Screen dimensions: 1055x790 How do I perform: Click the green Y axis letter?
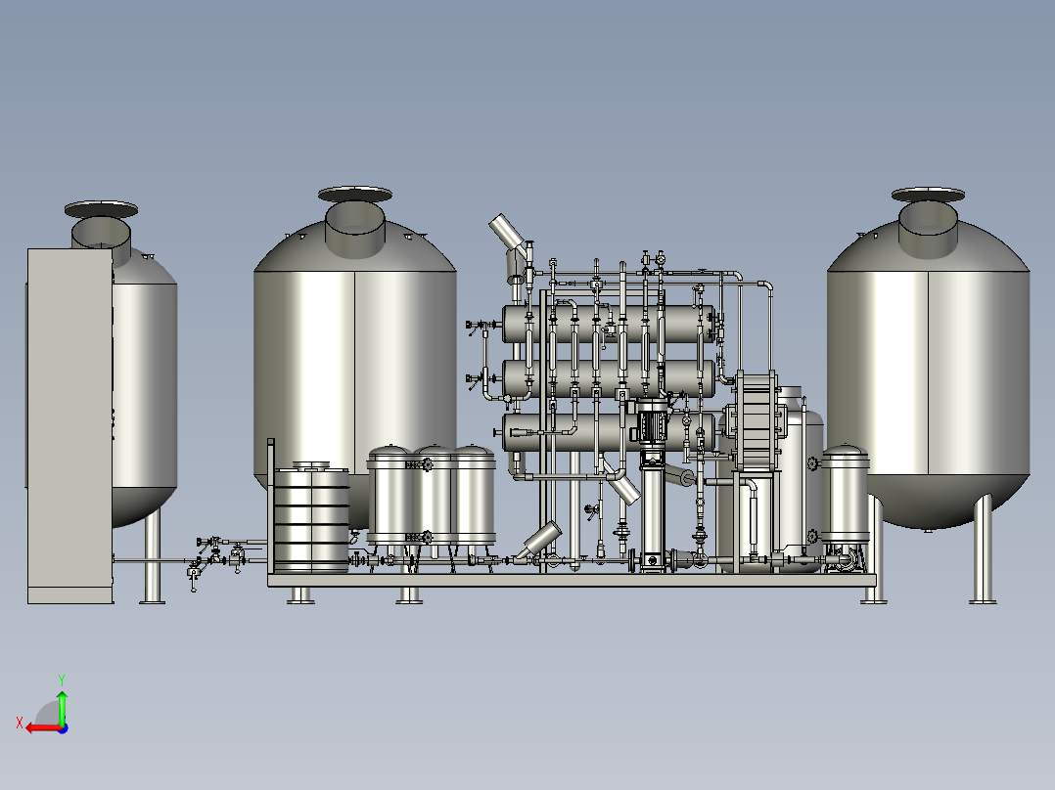click(x=62, y=680)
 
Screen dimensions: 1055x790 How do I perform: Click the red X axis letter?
click(x=20, y=724)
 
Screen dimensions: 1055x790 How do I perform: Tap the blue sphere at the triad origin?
click(x=63, y=728)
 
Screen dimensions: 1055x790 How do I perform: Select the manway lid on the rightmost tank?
click(x=928, y=195)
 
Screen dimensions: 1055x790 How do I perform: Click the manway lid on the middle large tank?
click(x=354, y=194)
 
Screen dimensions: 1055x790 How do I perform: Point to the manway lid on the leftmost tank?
click(x=101, y=209)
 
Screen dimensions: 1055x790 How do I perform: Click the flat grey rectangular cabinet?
click(x=69, y=425)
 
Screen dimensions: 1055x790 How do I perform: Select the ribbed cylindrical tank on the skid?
click(x=311, y=517)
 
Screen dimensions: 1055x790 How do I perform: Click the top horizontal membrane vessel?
click(x=609, y=324)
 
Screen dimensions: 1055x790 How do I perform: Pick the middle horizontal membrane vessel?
click(x=609, y=378)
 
